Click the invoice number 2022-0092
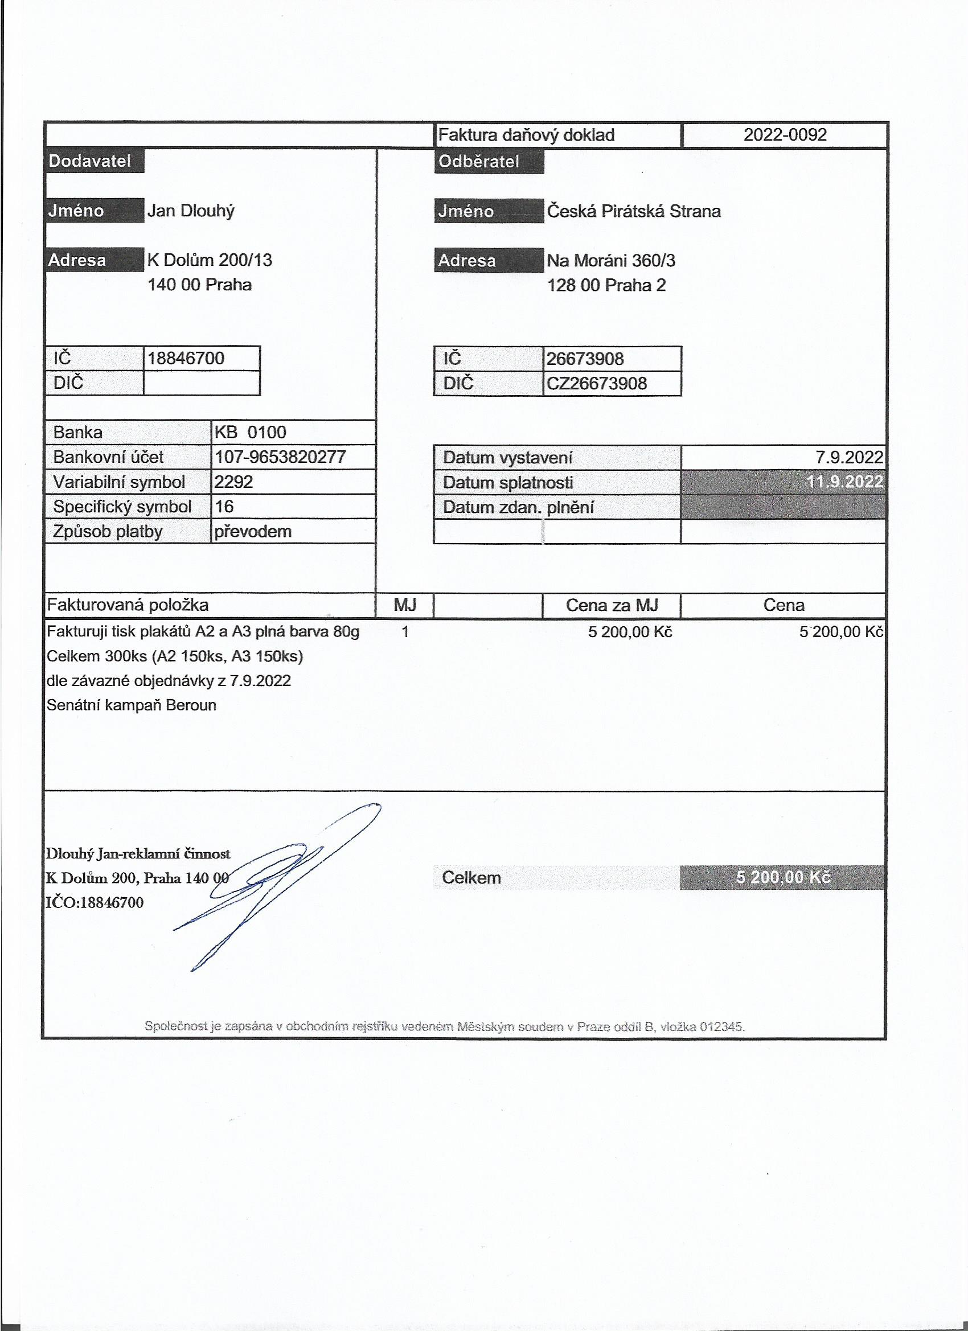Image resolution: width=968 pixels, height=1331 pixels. pyautogui.click(x=784, y=135)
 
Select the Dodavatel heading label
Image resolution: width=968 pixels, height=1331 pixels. pyautogui.click(x=89, y=161)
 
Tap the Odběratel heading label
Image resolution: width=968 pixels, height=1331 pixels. pyautogui.click(x=478, y=161)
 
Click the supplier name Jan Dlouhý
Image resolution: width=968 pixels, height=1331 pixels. pyautogui.click(x=191, y=211)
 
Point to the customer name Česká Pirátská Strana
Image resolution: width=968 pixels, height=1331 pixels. pyautogui.click(x=633, y=211)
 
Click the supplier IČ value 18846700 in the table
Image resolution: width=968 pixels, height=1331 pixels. pyautogui.click(x=186, y=358)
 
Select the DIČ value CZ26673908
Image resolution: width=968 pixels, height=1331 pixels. pyautogui.click(x=596, y=384)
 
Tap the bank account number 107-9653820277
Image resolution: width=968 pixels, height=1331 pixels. pyautogui.click(x=280, y=457)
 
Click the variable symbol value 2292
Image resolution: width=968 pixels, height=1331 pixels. pyautogui.click(x=233, y=482)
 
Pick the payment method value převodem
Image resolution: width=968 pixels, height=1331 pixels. pyautogui.click(x=252, y=532)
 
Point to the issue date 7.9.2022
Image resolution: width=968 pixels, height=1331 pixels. pyautogui.click(x=849, y=458)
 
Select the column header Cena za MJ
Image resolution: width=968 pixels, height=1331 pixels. pyautogui.click(x=612, y=605)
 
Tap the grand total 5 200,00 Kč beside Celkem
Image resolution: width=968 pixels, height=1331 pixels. pyautogui.click(x=783, y=877)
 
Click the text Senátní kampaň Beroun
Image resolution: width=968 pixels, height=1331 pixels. pyautogui.click(x=132, y=705)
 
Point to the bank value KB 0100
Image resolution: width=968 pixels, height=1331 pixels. pyautogui.click(x=250, y=433)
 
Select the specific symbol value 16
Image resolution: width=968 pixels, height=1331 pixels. pyautogui.click(x=224, y=507)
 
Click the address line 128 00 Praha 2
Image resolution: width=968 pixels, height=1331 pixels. pyautogui.click(x=606, y=285)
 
